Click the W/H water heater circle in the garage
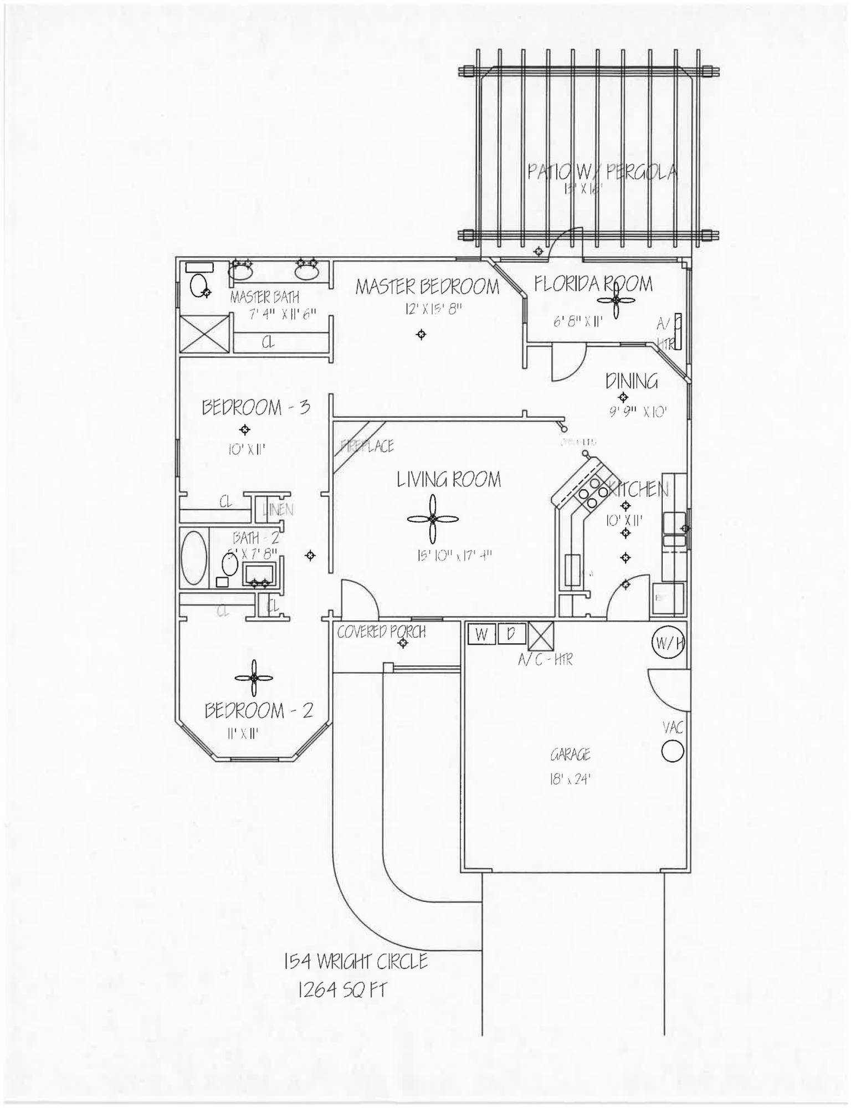pos(669,643)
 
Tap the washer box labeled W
pos(481,634)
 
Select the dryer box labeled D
pos(511,634)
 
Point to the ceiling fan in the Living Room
pos(433,519)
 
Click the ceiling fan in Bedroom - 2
pos(253,678)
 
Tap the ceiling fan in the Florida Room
pos(616,300)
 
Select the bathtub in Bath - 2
pos(193,558)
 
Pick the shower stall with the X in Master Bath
pos(204,333)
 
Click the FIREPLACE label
pos(367,446)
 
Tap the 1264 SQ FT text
pos(342,989)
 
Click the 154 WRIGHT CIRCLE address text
pos(356,961)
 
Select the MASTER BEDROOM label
pos(427,286)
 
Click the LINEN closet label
pos(279,510)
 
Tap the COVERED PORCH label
pos(381,632)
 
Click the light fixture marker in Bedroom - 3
pos(245,429)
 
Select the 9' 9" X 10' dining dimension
pos(638,412)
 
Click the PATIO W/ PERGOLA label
pos(602,172)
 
